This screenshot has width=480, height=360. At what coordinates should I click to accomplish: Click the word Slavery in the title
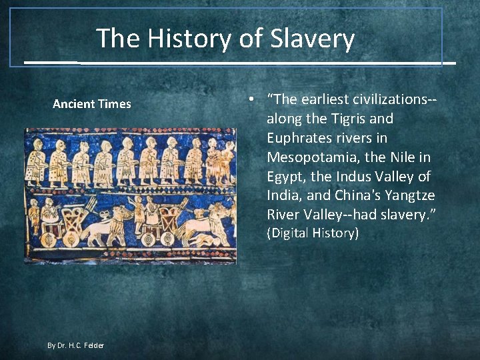(x=313, y=39)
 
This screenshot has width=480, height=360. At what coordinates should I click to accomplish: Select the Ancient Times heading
(x=92, y=104)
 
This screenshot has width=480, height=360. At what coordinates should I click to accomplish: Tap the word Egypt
(x=287, y=177)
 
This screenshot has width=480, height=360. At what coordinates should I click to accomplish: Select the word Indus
(x=361, y=177)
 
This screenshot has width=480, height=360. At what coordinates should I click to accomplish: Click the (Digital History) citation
(x=313, y=233)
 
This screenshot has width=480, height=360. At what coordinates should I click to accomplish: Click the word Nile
(x=396, y=157)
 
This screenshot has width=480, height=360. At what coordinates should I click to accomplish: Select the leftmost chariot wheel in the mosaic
(x=49, y=240)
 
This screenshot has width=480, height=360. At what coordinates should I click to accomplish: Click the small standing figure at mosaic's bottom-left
(x=33, y=219)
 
